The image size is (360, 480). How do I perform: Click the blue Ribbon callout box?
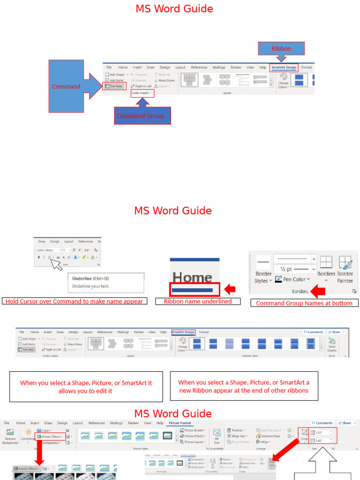pyautogui.click(x=281, y=48)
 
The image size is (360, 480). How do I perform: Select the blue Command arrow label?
pyautogui.click(x=66, y=86)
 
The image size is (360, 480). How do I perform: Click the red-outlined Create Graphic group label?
pyautogui.click(x=142, y=93)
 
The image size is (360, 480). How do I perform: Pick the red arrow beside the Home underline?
pyautogui.click(x=230, y=289)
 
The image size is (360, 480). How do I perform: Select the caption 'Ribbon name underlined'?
pyautogui.click(x=198, y=301)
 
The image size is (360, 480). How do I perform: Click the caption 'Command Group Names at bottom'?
pyautogui.click(x=304, y=303)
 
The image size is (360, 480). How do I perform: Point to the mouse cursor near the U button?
pyautogui.click(x=56, y=265)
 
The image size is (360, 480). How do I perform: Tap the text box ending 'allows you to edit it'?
pyautogui.click(x=86, y=387)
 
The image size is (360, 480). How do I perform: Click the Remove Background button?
pyautogui.click(x=10, y=437)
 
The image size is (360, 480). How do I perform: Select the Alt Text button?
pyautogui.click(x=217, y=437)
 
